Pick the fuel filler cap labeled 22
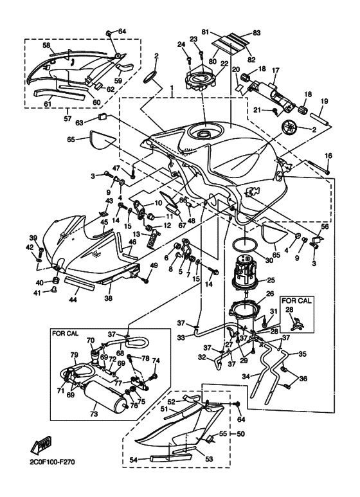204,83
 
